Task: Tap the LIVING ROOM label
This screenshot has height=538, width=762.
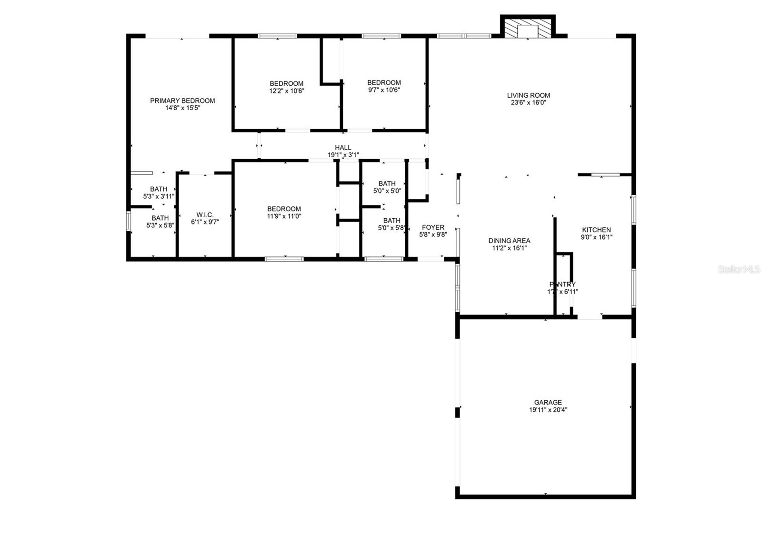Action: click(528, 95)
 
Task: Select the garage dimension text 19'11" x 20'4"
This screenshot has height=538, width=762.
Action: click(548, 410)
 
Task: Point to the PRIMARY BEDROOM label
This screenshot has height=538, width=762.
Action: click(182, 101)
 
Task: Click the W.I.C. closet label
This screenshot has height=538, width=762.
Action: click(205, 215)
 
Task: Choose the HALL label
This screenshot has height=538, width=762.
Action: click(342, 148)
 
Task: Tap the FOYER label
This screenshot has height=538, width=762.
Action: click(433, 227)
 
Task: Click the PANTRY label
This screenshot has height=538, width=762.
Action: click(562, 284)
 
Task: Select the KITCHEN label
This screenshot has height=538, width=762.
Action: click(596, 230)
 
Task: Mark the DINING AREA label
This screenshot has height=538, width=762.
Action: click(509, 241)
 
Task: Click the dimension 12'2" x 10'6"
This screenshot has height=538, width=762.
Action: click(286, 90)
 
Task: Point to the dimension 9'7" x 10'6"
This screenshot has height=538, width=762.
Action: click(384, 89)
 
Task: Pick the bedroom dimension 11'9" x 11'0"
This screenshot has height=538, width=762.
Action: click(284, 216)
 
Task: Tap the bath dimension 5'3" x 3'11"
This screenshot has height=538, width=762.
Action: click(159, 196)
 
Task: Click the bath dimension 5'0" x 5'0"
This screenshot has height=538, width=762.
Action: click(387, 191)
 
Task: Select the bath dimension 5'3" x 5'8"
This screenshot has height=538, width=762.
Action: click(160, 225)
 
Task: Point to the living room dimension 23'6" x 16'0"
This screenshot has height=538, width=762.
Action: click(528, 102)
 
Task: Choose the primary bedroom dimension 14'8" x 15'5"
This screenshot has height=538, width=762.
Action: click(182, 108)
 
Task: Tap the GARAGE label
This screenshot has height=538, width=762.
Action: click(548, 402)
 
